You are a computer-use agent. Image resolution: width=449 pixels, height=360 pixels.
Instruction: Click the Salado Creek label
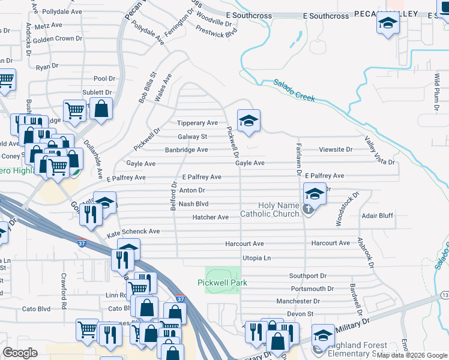294,91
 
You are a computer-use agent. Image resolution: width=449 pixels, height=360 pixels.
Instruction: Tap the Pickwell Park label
223,283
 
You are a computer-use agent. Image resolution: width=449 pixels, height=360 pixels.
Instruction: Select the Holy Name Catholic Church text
270,210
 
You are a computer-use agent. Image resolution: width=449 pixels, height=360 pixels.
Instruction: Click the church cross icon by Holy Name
308,209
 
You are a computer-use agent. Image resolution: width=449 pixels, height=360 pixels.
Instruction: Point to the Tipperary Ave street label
197,123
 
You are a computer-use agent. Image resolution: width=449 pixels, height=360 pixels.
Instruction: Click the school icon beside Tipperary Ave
248,121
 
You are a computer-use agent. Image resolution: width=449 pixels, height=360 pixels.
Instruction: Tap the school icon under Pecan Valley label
388,25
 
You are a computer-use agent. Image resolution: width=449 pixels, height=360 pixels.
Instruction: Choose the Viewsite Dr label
336,149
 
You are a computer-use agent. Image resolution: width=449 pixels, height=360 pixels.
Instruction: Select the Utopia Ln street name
256,258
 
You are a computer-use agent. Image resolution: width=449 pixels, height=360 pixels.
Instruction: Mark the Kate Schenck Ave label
133,231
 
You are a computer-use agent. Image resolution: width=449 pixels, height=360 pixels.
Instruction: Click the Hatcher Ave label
211,217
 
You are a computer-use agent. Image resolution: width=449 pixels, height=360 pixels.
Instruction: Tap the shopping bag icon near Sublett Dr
101,109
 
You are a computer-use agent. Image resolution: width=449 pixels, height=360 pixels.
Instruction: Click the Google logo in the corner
20,353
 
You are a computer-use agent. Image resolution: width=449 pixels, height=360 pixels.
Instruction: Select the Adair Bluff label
378,215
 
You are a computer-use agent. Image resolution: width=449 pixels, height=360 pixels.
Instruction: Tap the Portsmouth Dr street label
307,289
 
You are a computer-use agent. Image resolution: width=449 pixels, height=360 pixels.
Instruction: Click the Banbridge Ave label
186,150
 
